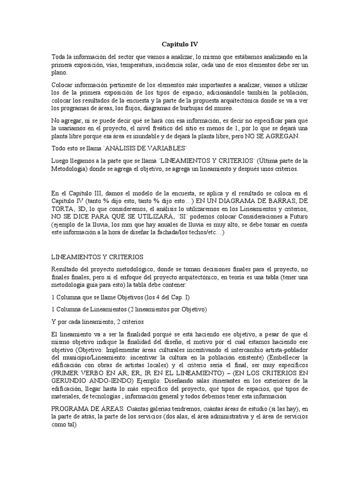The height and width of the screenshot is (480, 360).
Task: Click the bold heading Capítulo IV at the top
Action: (x=180, y=45)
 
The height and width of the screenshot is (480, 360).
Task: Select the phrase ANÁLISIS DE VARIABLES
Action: (x=150, y=148)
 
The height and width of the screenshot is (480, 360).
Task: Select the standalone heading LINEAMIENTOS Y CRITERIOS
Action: (x=97, y=257)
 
